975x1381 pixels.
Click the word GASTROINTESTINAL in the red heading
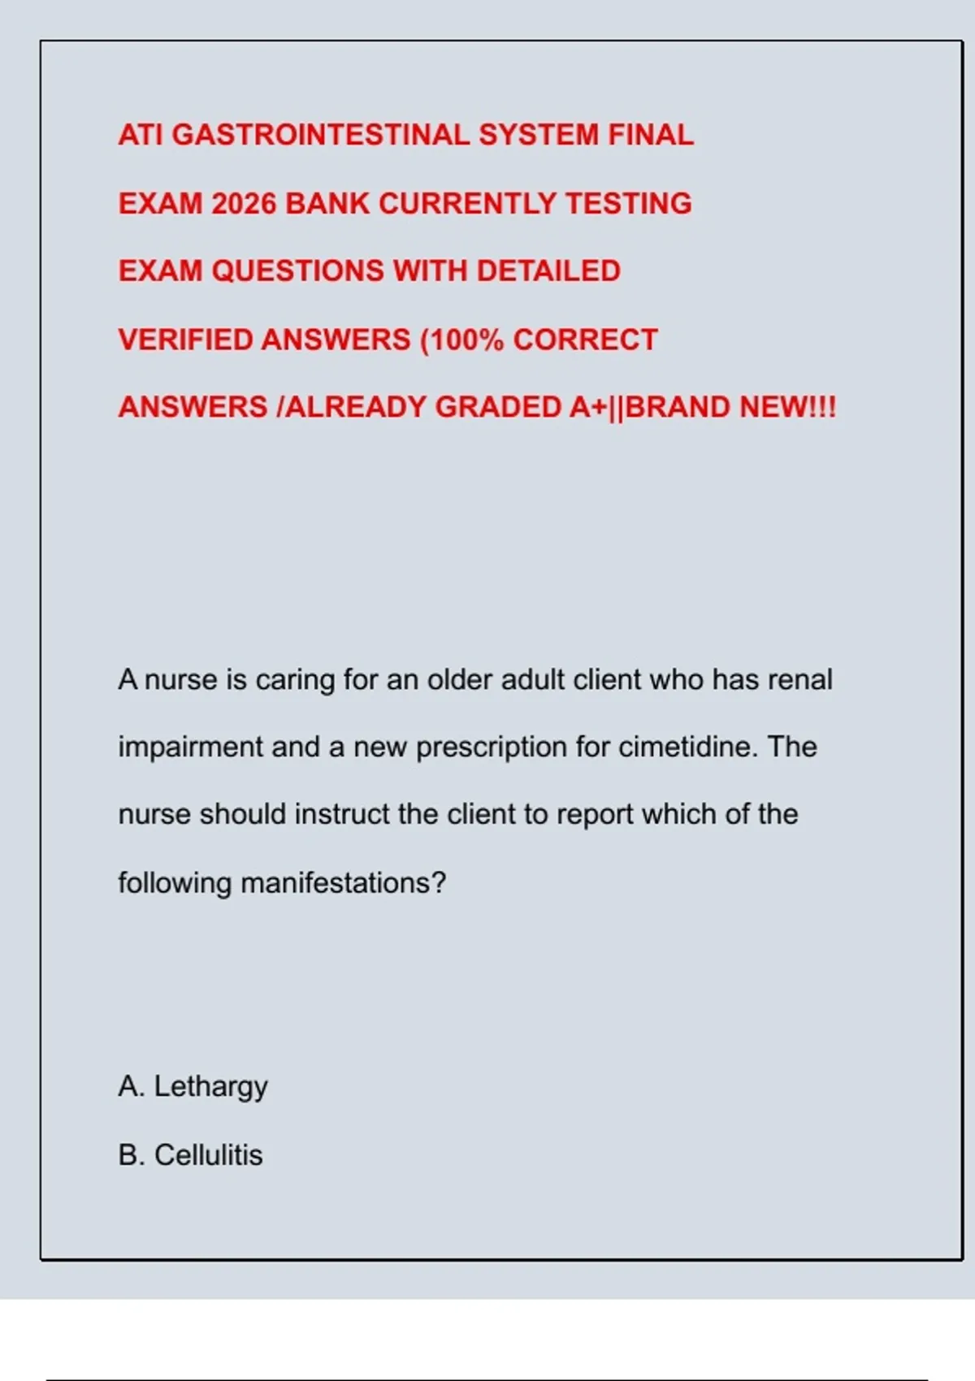tap(321, 135)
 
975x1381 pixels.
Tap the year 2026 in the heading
tap(244, 203)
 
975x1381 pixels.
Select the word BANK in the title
tap(327, 203)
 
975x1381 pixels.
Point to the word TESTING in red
tap(628, 203)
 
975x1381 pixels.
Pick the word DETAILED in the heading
tap(548, 271)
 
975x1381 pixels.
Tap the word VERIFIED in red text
tap(185, 340)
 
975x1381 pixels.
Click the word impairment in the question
tap(190, 747)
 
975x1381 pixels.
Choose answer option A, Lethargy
tap(193, 1087)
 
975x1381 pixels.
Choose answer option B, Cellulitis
tap(191, 1155)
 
